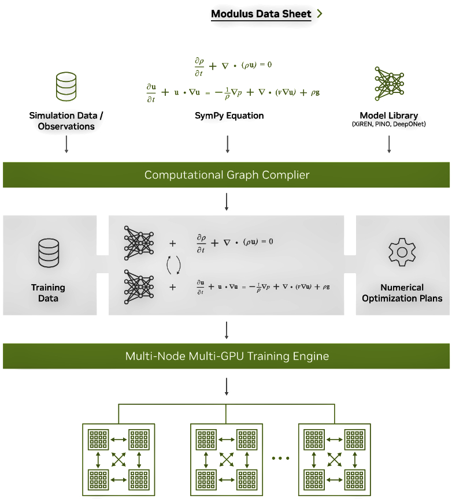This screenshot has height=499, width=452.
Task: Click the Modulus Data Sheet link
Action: [x=261, y=14]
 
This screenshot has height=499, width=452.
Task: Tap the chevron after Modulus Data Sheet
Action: [x=320, y=14]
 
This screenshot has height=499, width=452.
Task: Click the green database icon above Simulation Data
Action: [x=66, y=87]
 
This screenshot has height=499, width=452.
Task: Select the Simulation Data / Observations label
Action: [x=66, y=121]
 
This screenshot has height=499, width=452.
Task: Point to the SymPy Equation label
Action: [x=229, y=116]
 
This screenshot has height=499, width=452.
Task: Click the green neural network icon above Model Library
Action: [x=389, y=83]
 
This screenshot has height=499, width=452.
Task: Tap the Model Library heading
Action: [x=388, y=116]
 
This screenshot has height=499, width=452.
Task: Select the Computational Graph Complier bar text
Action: [x=227, y=175]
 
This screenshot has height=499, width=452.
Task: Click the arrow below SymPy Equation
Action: [x=227, y=144]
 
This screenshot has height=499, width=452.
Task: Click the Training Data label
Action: [x=49, y=293]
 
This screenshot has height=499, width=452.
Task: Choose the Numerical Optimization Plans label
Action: [x=402, y=293]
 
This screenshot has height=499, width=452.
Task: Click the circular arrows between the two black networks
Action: [x=173, y=265]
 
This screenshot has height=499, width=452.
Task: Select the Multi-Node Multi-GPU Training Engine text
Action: [x=227, y=356]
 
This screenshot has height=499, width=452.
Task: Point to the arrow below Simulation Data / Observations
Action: [x=66, y=144]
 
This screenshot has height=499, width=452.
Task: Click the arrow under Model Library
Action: [x=388, y=144]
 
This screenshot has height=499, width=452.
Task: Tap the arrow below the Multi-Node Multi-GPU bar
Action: [x=227, y=386]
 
